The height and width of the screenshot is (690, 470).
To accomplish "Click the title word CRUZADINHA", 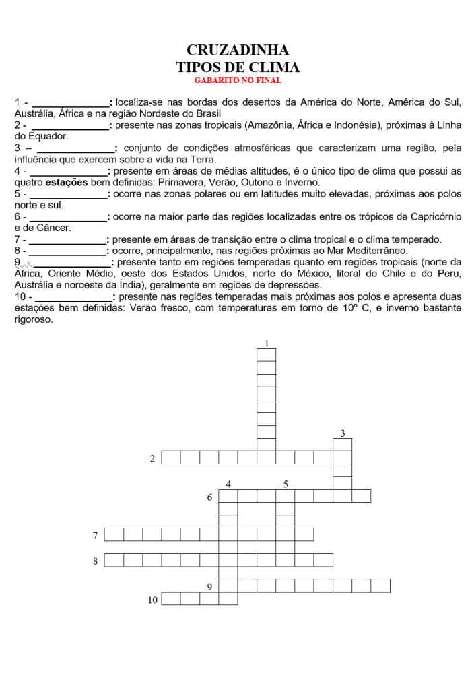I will [x=238, y=51].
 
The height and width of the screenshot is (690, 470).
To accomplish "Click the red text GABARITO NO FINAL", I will [x=238, y=80].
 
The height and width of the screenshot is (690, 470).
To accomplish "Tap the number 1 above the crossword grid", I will [x=267, y=344].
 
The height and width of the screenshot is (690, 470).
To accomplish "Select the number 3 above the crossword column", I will [x=343, y=433].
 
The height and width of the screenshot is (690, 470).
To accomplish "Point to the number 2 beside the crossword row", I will [x=153, y=459].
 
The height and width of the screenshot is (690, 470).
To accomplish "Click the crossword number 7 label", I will [x=96, y=536].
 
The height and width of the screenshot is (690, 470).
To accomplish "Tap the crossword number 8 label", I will [x=96, y=561].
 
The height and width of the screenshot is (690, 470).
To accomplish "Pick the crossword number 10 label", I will [x=153, y=599].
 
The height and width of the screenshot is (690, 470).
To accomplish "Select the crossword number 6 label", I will [x=210, y=498].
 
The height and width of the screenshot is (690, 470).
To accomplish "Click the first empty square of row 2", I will [x=171, y=458].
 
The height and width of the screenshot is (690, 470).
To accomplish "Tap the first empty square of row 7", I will [x=114, y=534].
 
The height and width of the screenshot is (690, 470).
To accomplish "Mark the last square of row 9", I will [x=380, y=586].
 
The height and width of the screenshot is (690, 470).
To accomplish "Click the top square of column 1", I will [x=267, y=355].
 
